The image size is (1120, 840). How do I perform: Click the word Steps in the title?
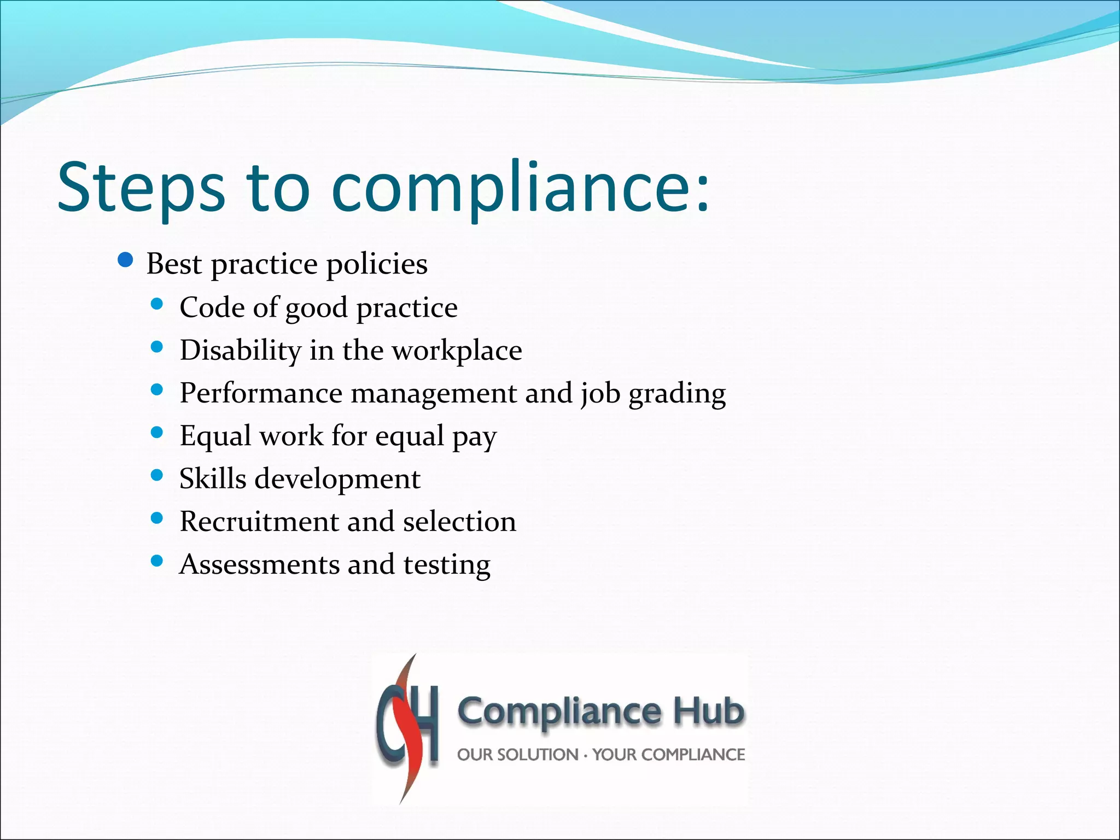(x=141, y=187)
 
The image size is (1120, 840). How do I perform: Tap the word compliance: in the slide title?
(x=520, y=187)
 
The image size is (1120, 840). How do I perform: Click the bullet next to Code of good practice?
(x=157, y=304)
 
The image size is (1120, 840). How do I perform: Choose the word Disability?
(x=241, y=351)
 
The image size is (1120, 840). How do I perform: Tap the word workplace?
(x=457, y=351)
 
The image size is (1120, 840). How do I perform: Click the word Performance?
(x=261, y=393)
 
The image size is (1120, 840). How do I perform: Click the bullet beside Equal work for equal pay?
(x=157, y=433)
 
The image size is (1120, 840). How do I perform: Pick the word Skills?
(x=213, y=479)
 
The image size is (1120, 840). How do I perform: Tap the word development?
(x=337, y=480)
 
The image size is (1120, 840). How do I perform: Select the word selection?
(x=459, y=521)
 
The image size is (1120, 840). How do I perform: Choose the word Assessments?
(x=259, y=564)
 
